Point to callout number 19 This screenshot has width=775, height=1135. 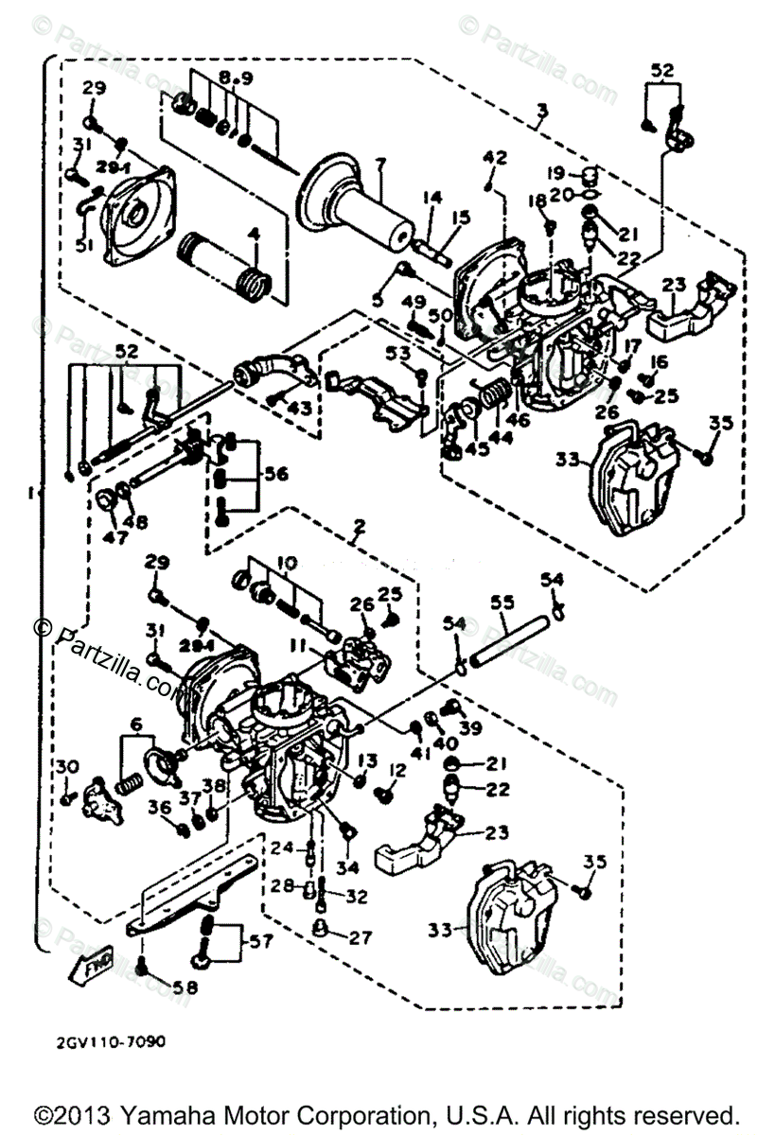pyautogui.click(x=555, y=173)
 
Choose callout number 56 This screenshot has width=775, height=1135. pyautogui.click(x=275, y=474)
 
